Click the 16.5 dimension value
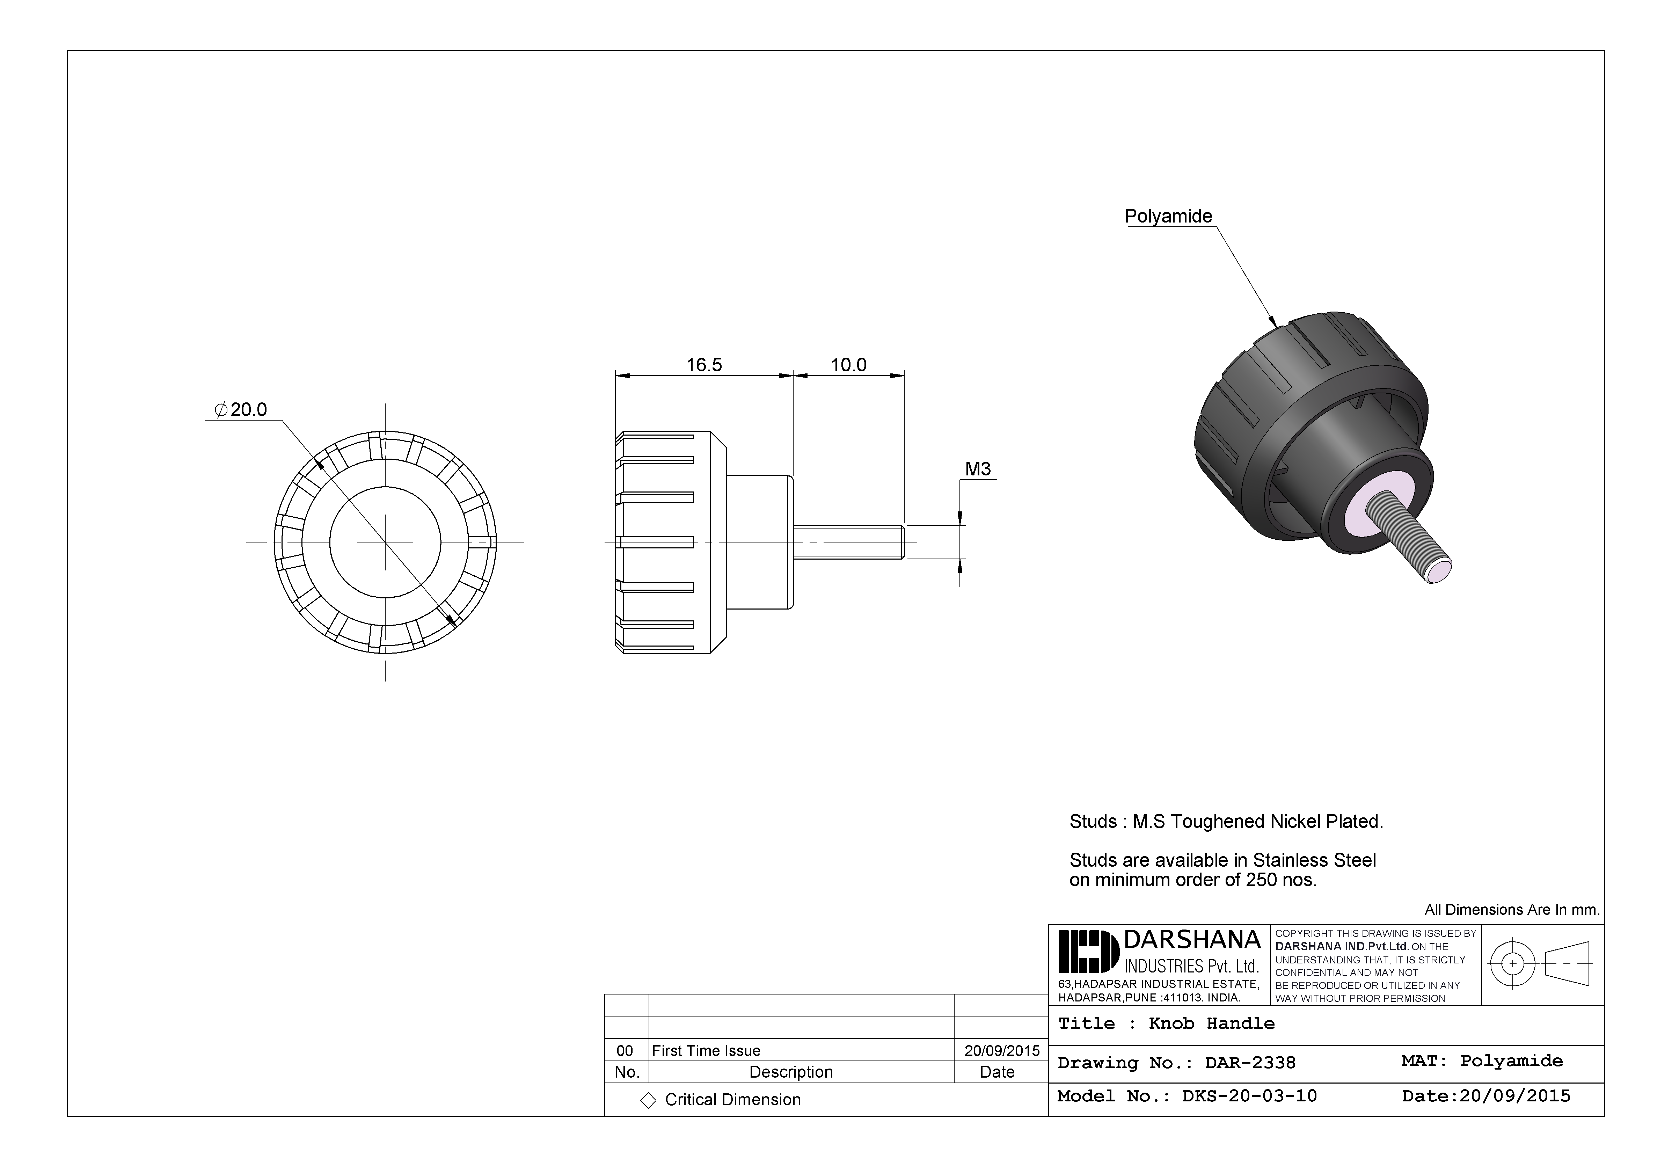[703, 365]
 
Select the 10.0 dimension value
[848, 365]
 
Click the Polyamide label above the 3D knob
[1168, 216]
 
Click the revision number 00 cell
[625, 1050]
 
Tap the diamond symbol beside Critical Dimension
[648, 1100]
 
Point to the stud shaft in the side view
[848, 542]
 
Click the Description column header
[791, 1072]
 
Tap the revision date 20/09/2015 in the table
[1001, 1050]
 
